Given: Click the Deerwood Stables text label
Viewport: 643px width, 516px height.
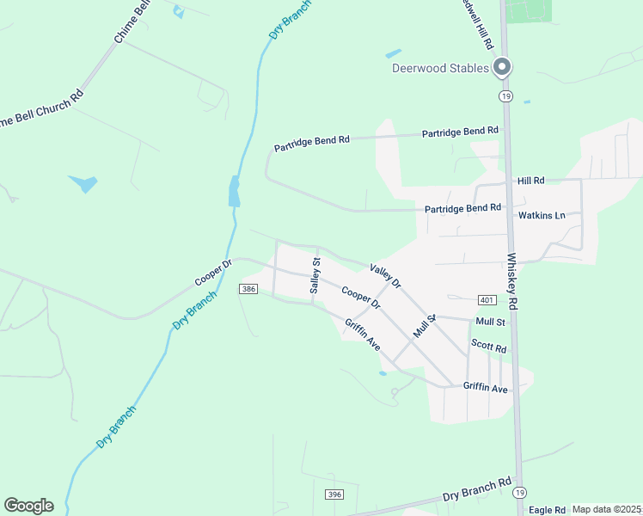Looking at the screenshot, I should pyautogui.click(x=440, y=68).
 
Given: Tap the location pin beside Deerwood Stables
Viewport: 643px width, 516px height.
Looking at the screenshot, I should pyautogui.click(x=503, y=66).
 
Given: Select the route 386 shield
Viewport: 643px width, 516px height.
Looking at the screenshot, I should pyautogui.click(x=248, y=289).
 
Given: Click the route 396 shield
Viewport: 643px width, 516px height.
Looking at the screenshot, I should pyautogui.click(x=334, y=494).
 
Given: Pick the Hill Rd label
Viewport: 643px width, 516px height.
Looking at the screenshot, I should pyautogui.click(x=531, y=181).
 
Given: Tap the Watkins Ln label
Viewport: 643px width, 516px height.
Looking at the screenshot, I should pyautogui.click(x=541, y=215).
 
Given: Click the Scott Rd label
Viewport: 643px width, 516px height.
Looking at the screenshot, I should pyautogui.click(x=488, y=345).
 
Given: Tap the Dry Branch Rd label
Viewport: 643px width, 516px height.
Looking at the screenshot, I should pyautogui.click(x=477, y=491).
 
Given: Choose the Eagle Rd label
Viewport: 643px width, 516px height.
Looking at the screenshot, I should pyautogui.click(x=547, y=510).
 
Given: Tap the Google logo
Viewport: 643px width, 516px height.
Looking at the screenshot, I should pyautogui.click(x=28, y=506).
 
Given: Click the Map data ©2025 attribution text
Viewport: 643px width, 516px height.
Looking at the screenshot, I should pyautogui.click(x=606, y=509).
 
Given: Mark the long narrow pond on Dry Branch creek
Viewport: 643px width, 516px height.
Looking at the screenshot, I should pyautogui.click(x=234, y=191).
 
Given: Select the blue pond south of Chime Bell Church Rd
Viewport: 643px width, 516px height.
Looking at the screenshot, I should pyautogui.click(x=83, y=183).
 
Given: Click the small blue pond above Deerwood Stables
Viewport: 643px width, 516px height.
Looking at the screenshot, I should pyautogui.click(x=393, y=53).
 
